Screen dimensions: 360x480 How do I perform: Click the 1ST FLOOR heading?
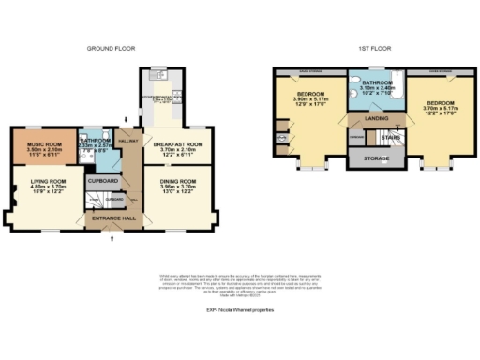click(367, 47)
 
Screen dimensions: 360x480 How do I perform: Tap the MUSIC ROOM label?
click(43, 142)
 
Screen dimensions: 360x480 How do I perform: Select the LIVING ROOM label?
click(44, 179)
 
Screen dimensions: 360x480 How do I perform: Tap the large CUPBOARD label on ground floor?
click(102, 179)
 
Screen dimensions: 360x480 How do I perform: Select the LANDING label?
click(369, 118)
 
